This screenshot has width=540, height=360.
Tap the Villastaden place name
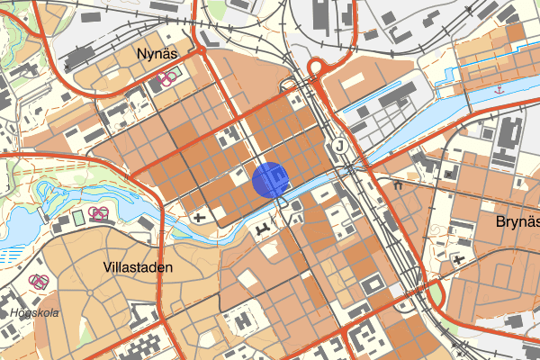139,267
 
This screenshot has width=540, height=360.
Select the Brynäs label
517,220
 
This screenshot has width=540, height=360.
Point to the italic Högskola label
34,312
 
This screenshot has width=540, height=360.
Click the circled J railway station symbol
339,145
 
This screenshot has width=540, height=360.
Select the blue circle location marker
270,178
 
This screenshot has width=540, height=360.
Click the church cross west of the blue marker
199,216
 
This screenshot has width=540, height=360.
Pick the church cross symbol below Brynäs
460,260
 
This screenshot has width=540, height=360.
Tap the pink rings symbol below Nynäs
165,77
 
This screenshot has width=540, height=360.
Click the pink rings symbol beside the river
99,213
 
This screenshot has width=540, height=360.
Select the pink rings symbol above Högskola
39,281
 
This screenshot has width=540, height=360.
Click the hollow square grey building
371,285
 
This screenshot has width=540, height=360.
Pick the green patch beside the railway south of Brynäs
436,293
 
